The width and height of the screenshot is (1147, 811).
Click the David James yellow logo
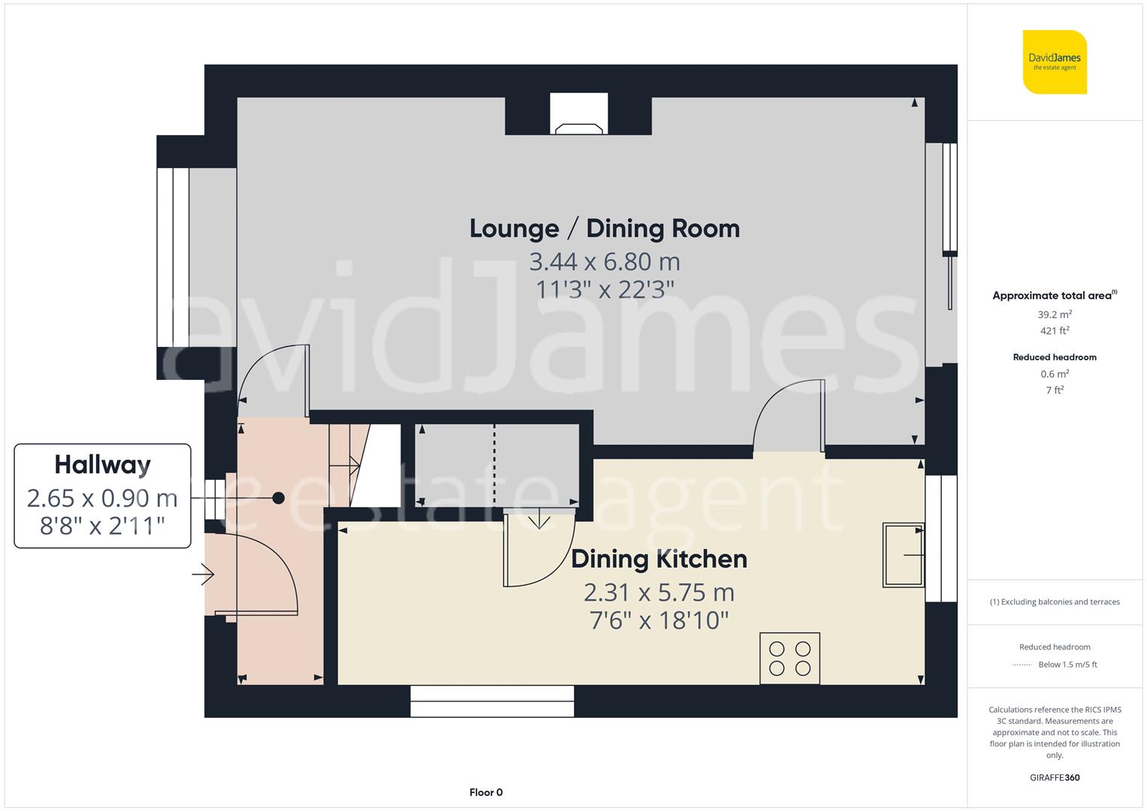tap(1055, 62)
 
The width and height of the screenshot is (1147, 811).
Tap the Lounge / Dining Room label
tap(604, 228)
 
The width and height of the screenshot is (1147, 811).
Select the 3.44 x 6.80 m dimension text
tap(604, 262)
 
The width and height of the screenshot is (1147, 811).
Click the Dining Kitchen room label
tap(659, 559)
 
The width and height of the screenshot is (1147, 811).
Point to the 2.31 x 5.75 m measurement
tap(659, 592)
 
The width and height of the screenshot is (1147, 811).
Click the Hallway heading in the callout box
tap(102, 465)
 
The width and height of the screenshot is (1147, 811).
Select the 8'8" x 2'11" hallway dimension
tap(102, 526)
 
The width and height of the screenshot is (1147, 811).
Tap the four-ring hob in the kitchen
tap(789, 659)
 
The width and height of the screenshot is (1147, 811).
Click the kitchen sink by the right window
tap(904, 555)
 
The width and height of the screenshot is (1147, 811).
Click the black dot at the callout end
tap(279, 498)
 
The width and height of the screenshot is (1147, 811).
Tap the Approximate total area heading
tap(1055, 295)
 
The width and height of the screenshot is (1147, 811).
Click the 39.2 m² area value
tap(1055, 315)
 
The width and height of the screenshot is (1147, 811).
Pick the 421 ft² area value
tap(1055, 330)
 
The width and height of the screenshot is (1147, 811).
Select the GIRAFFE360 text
tap(1055, 777)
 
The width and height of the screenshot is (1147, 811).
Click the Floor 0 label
tap(485, 792)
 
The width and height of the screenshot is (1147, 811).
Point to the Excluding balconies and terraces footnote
tap(1055, 601)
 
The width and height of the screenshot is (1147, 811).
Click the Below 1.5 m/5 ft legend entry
tap(1067, 665)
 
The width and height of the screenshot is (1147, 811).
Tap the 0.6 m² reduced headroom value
tap(1055, 374)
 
